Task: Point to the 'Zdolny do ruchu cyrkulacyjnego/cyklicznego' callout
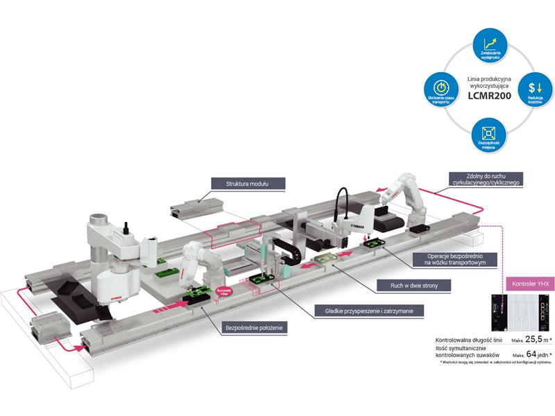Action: click(x=481, y=179)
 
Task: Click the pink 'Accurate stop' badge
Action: click(x=223, y=291)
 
